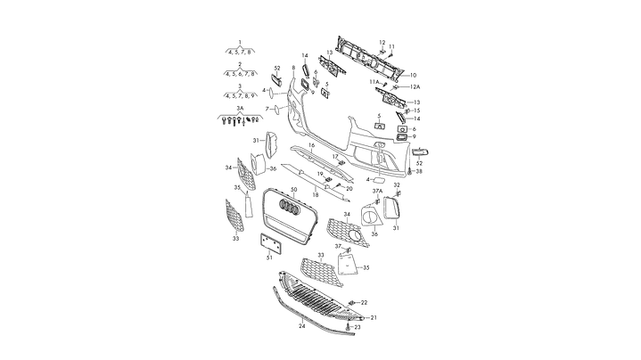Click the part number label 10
click(x=413, y=75)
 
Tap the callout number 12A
click(x=415, y=87)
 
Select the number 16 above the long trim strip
click(x=312, y=143)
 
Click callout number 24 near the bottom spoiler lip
click(x=301, y=327)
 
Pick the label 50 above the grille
click(x=293, y=192)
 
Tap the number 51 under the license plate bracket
click(x=269, y=258)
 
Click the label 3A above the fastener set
click(x=239, y=107)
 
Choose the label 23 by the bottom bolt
click(x=358, y=328)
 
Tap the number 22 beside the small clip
click(x=364, y=303)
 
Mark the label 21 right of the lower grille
click(x=374, y=317)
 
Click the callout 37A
click(x=377, y=191)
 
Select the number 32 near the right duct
click(x=397, y=185)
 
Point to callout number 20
click(x=349, y=189)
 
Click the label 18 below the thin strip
click(x=315, y=194)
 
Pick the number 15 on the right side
click(x=416, y=110)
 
